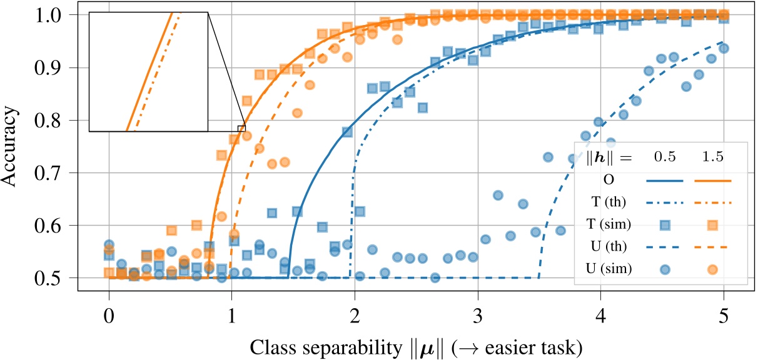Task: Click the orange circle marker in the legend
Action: (x=712, y=269)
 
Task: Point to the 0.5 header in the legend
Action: (x=665, y=157)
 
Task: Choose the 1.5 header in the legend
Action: (x=712, y=157)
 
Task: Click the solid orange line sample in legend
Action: (x=712, y=180)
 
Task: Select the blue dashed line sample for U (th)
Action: (x=665, y=247)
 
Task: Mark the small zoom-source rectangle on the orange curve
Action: (x=241, y=127)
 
